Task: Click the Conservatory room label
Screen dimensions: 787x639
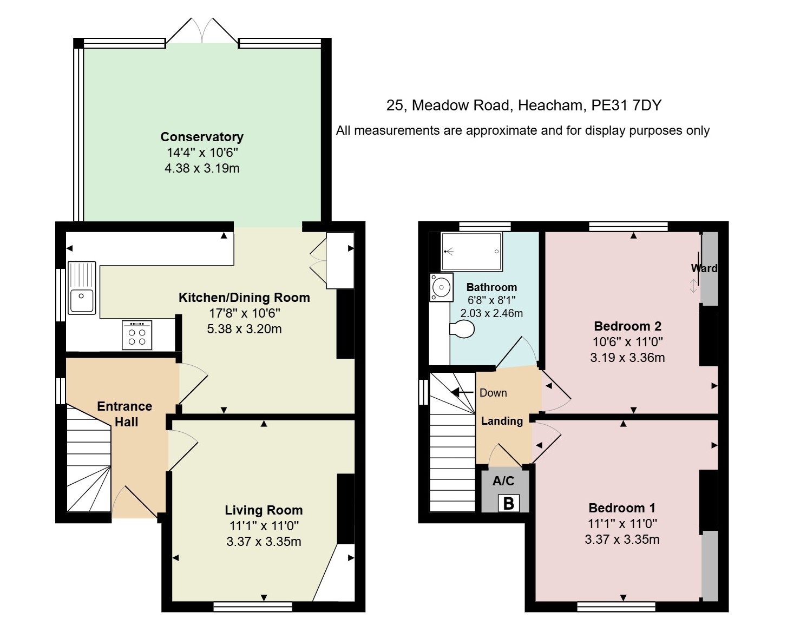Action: click(x=202, y=137)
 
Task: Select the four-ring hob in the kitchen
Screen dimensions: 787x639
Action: click(x=137, y=335)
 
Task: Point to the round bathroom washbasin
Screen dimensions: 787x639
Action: click(x=441, y=287)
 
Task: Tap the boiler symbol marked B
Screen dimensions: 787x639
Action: click(x=508, y=503)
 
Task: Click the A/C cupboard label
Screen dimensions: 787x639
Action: click(x=503, y=480)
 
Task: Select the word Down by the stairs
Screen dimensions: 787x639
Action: click(x=493, y=393)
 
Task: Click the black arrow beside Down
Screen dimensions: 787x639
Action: click(x=463, y=392)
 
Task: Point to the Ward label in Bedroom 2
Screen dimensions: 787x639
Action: click(x=704, y=268)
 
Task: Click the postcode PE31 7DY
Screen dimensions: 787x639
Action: click(x=626, y=106)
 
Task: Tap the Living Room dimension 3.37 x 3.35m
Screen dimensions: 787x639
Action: click(x=264, y=542)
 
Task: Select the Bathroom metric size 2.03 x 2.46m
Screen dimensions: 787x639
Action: click(x=491, y=313)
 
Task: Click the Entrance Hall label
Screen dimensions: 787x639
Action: click(x=125, y=414)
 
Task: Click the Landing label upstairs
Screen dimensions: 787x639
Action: click(x=502, y=421)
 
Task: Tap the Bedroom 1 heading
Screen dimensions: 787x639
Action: click(x=622, y=508)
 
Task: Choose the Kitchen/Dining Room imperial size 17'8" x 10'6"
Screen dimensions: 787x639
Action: click(x=245, y=313)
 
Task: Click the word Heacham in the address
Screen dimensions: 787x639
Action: click(x=550, y=106)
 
